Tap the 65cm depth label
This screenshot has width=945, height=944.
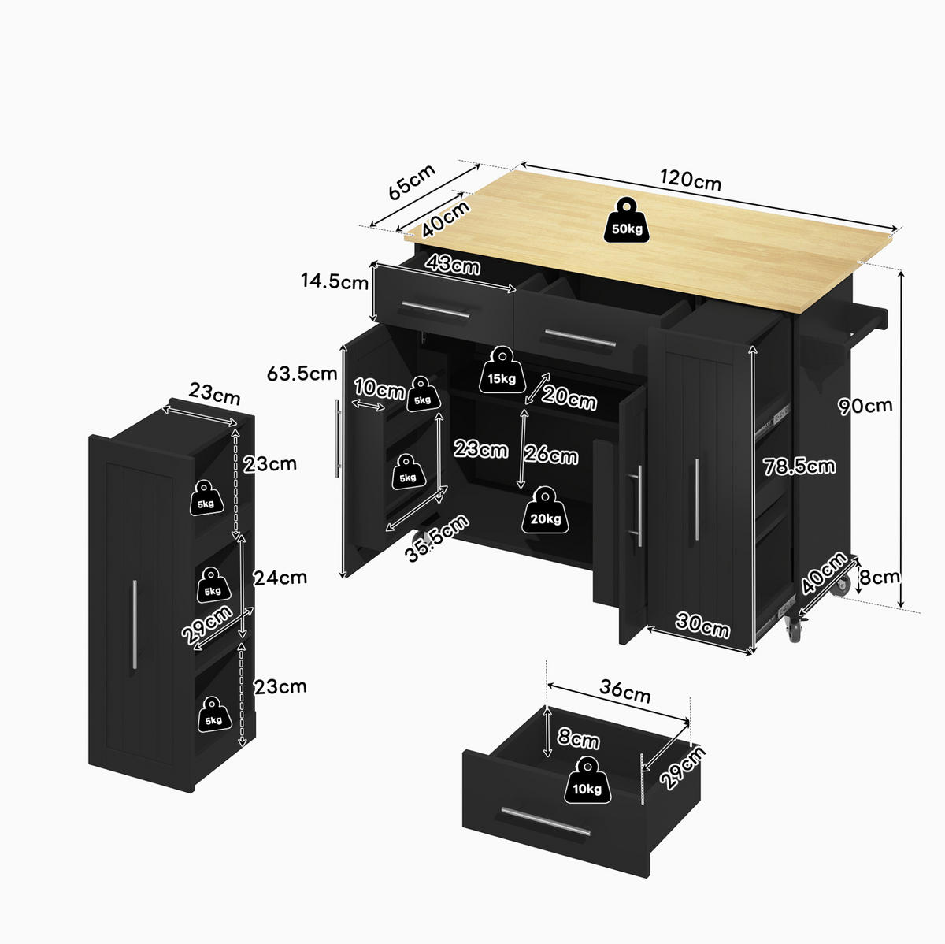click(412, 181)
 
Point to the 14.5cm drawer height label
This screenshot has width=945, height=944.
click(335, 281)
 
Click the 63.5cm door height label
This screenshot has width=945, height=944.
click(302, 374)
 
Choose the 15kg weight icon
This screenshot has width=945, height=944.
click(502, 370)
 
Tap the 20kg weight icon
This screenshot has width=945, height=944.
click(545, 510)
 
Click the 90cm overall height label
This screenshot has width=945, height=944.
click(865, 406)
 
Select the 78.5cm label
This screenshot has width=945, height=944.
click(799, 466)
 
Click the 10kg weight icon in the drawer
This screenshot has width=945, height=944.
click(587, 780)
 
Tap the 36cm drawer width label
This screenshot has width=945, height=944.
click(624, 691)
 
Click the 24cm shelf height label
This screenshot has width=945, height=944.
click(280, 578)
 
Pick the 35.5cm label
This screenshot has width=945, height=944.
click(437, 538)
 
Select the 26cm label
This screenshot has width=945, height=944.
click(550, 455)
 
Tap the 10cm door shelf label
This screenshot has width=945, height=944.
click(379, 388)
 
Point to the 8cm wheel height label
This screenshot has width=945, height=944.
click(880, 577)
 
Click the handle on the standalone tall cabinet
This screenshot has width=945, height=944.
click(135, 624)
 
